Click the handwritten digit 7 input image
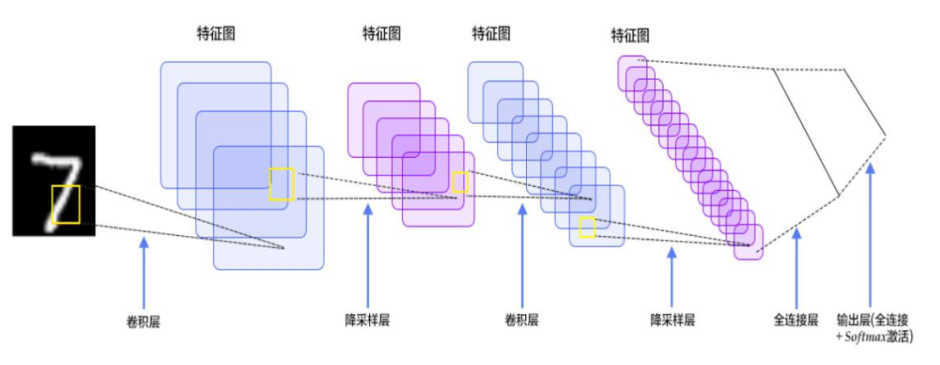(x=53, y=180)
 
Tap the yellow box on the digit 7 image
(x=65, y=205)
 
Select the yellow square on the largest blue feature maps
(x=283, y=184)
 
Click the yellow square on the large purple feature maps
(x=460, y=182)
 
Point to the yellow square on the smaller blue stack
(x=587, y=227)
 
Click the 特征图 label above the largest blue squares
(x=215, y=34)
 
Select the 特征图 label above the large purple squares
(x=382, y=34)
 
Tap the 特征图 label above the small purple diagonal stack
(x=630, y=36)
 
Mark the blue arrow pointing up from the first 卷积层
(x=143, y=272)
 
